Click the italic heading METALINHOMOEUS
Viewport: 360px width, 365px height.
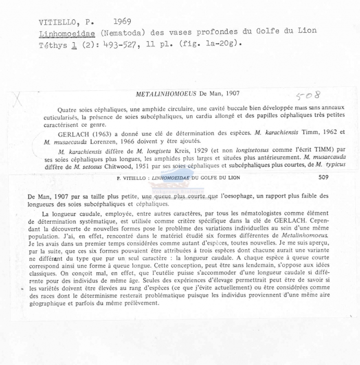pyautogui.click(x=165, y=94)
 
